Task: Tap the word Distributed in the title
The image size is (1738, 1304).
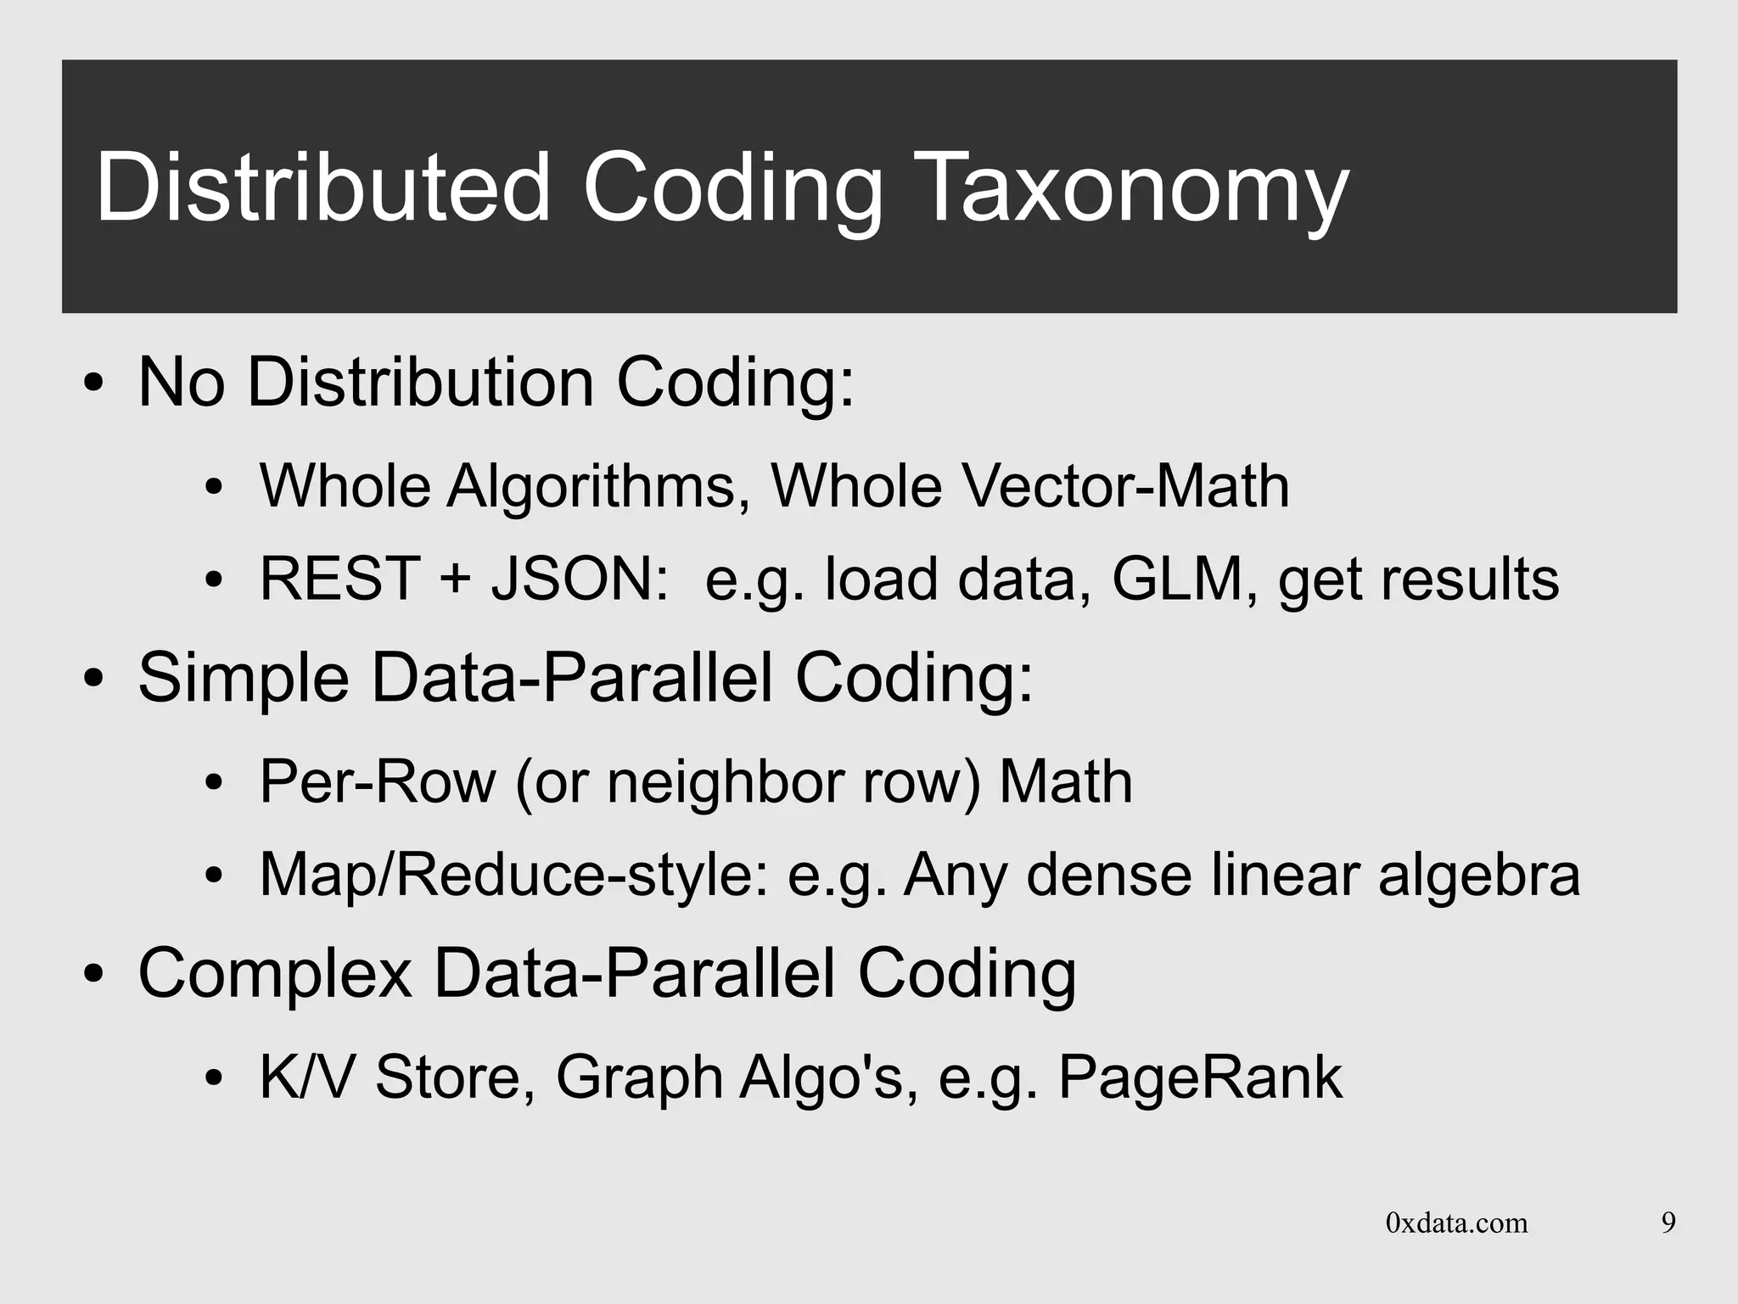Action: coord(323,188)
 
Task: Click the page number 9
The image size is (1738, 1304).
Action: coord(1668,1223)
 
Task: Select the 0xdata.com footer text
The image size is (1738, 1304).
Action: coord(1456,1223)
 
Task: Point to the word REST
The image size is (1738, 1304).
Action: coord(339,579)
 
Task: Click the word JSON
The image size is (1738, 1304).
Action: coord(580,579)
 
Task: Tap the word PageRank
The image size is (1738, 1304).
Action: coord(1200,1077)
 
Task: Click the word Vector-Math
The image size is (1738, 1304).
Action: coord(1125,486)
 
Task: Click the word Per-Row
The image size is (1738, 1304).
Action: coord(377,781)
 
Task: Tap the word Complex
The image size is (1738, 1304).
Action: coord(275,973)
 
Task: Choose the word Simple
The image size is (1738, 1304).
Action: coord(244,678)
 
